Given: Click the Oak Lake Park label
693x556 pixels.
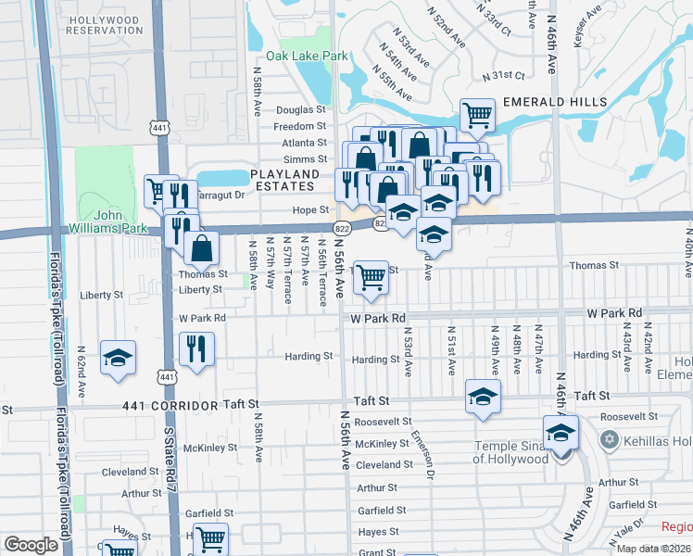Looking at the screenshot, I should point(307,56).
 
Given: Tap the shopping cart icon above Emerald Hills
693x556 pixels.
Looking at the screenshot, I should point(477,116).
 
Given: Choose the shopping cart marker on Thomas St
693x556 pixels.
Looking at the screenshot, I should point(371,276).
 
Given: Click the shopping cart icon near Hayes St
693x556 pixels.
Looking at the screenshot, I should point(211,538).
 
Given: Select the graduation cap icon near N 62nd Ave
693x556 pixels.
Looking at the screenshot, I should point(119,360).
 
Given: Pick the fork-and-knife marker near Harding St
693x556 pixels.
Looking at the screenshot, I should point(196,348).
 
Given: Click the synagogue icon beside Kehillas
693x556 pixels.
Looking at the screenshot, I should point(609,437).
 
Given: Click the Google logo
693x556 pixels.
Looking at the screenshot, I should point(31,545).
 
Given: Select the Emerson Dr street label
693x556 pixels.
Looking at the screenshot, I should point(423,454).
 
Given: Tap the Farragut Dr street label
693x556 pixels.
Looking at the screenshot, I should point(217,195).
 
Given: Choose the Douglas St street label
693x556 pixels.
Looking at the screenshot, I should point(301,109).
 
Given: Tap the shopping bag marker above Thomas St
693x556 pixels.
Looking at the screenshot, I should point(201,247).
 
